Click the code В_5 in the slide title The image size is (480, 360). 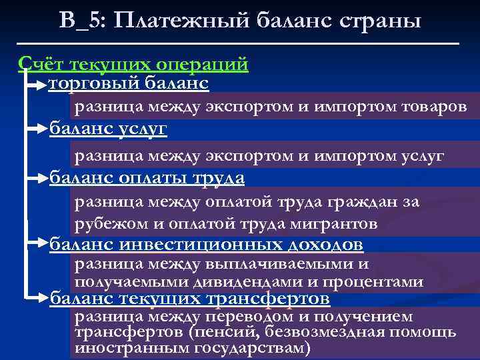79,20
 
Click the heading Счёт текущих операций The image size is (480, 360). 133,64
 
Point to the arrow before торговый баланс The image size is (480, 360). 35,85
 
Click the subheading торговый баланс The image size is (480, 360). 129,83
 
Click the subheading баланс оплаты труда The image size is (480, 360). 147,178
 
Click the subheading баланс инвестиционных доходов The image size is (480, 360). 207,245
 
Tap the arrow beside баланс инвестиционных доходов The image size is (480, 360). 35,245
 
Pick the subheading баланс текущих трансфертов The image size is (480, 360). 190,297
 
